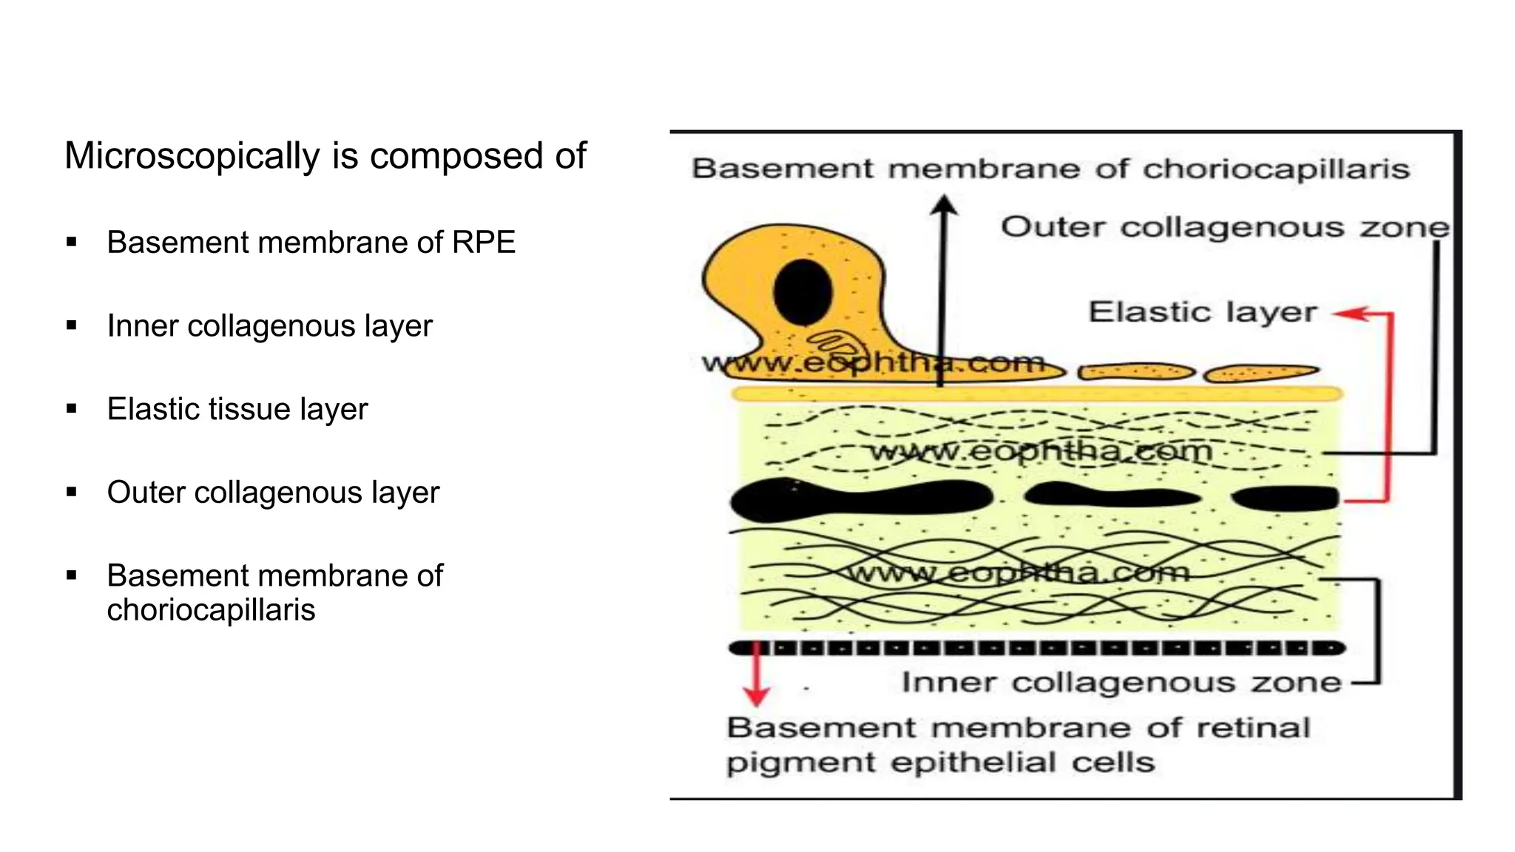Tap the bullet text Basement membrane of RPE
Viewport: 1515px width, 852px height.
[311, 243]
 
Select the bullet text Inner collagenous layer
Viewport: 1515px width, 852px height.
[269, 326]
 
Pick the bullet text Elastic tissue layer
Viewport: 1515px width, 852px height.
[237, 410]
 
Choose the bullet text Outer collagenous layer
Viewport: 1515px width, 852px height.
[273, 493]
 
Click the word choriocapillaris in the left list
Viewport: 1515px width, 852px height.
[211, 611]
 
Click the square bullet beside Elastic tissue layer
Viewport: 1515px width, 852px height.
[72, 408]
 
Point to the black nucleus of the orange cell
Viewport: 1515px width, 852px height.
[803, 291]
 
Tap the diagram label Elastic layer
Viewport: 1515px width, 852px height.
[1203, 312]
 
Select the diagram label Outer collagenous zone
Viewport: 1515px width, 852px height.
[1224, 227]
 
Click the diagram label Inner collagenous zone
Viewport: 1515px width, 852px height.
[1121, 682]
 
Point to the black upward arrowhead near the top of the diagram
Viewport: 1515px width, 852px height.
[943, 205]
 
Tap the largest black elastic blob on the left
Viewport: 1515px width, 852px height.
[858, 499]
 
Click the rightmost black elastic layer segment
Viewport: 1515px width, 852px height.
[1286, 498]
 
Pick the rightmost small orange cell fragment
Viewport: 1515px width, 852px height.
[1261, 373]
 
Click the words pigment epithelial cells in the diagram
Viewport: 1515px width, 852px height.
[940, 763]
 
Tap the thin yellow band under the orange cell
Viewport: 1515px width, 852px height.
[1036, 394]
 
